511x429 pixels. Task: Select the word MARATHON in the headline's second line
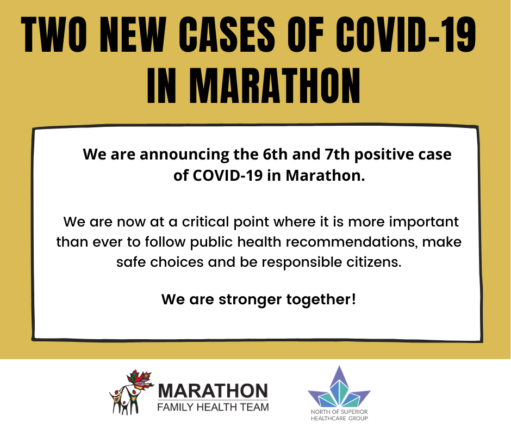(275, 86)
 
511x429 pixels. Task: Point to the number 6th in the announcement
(275, 154)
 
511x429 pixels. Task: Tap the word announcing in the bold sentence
(184, 155)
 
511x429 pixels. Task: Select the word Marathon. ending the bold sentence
(325, 176)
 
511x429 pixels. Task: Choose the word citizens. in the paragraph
(374, 262)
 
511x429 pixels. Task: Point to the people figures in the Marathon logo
(125, 401)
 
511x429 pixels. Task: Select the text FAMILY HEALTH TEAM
(213, 407)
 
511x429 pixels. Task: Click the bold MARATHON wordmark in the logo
(213, 391)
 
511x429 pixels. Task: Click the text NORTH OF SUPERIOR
(339, 412)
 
